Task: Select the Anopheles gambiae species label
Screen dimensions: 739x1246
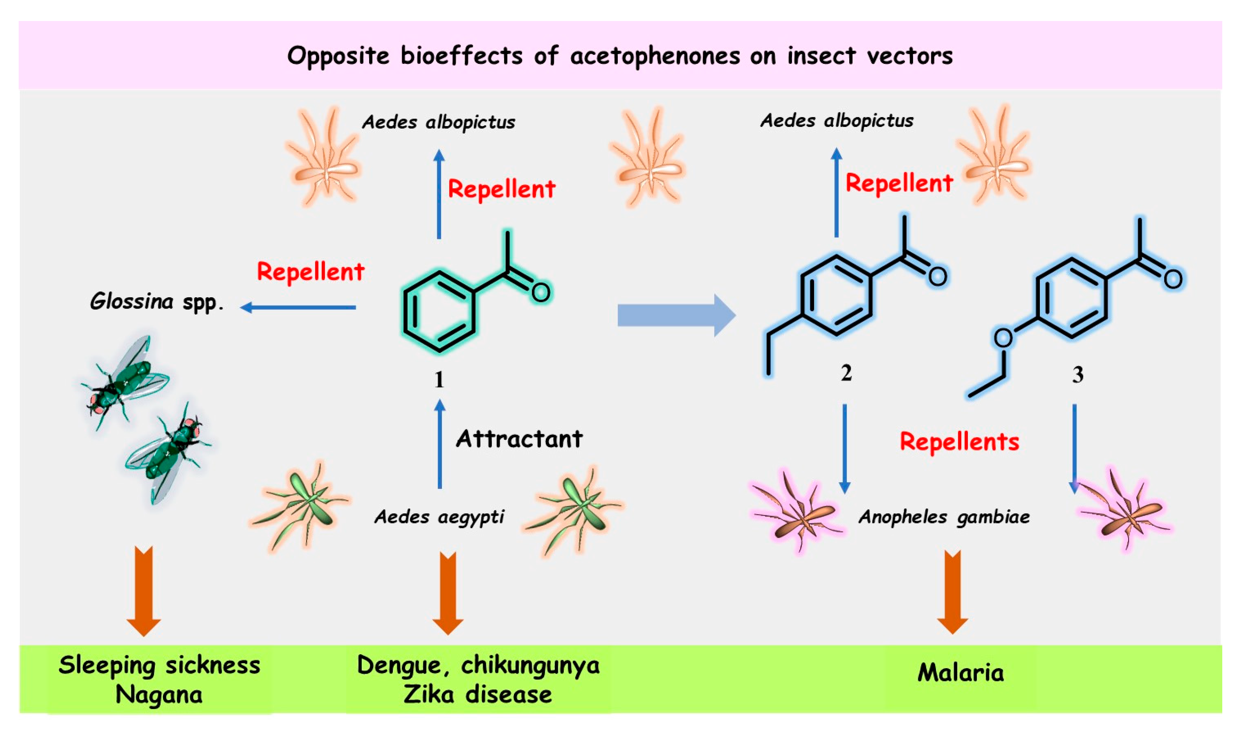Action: click(944, 517)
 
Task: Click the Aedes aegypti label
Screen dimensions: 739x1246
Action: click(439, 517)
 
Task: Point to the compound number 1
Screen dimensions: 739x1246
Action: click(438, 380)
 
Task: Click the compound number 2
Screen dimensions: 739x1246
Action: click(846, 373)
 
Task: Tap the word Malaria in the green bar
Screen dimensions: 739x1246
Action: click(960, 673)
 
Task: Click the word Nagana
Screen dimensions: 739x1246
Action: click(159, 695)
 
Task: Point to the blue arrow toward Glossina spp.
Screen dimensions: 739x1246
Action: click(298, 308)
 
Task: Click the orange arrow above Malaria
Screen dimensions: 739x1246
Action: click(952, 593)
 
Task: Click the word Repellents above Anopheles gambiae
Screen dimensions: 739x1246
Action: click(959, 442)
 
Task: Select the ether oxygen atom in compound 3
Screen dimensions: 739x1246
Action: click(1003, 338)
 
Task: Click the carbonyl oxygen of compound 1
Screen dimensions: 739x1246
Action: click(540, 292)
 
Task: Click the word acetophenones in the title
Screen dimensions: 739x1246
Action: click(655, 56)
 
